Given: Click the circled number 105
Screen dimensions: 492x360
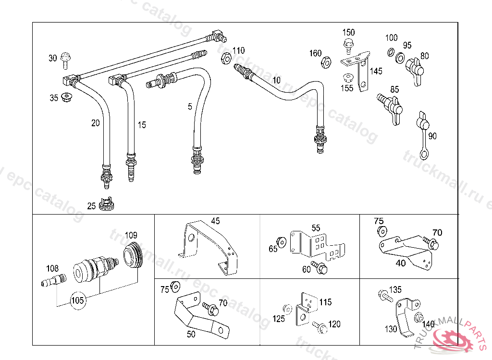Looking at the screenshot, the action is (77, 300).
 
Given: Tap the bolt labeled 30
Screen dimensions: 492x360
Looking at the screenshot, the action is (65, 60).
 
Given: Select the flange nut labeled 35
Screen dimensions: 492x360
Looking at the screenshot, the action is (66, 97).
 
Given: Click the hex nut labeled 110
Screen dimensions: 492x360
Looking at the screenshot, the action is (226, 59).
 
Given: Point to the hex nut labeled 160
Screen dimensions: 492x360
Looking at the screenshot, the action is (326, 62).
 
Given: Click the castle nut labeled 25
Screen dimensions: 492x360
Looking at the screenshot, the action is (106, 204).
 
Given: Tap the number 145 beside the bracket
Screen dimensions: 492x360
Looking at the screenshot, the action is (376, 71).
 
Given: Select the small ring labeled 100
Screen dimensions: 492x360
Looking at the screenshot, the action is (391, 52).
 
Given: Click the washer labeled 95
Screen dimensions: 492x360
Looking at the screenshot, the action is (400, 58).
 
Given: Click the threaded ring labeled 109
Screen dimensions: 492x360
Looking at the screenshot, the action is (133, 255).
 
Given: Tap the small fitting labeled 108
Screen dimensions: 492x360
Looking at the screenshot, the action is (54, 280).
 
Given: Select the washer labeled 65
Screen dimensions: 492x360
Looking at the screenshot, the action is (282, 242).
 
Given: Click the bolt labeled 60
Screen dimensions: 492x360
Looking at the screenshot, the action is (320, 267).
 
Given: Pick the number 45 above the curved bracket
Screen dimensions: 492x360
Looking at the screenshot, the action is (216, 221).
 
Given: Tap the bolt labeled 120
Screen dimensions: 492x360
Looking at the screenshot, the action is (320, 327).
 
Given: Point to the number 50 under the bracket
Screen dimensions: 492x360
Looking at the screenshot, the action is (191, 334).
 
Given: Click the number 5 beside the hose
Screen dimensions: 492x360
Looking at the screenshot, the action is (190, 107).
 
